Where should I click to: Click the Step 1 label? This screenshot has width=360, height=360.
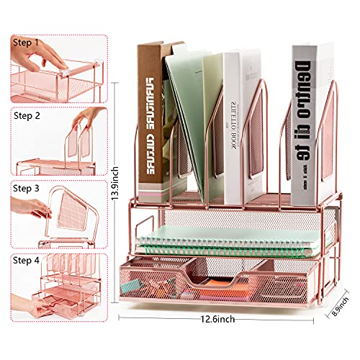pyautogui.click(x=25, y=42)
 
